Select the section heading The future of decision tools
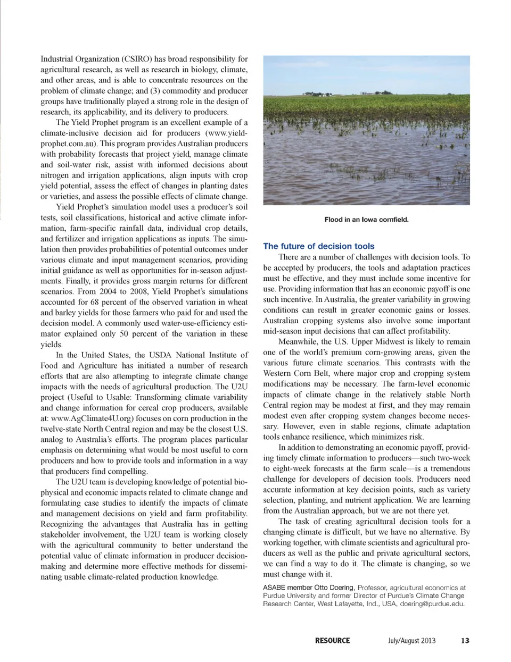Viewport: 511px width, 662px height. tap(318, 246)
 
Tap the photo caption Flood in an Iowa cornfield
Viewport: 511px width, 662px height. tap(366, 220)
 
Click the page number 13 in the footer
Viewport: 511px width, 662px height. tap(465, 641)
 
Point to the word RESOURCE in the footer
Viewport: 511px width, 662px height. tap(332, 641)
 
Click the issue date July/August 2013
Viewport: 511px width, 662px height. tap(411, 641)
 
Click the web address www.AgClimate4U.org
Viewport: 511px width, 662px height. tap(93, 418)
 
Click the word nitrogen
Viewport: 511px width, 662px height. tap(55, 175)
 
